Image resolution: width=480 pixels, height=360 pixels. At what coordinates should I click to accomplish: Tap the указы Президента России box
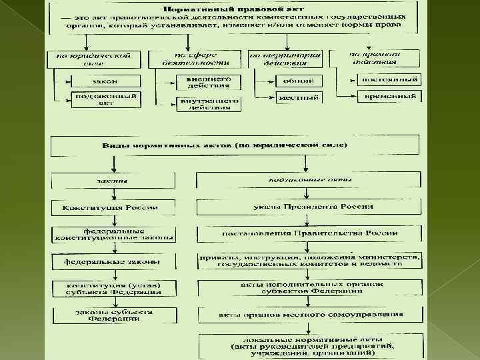click(x=308, y=207)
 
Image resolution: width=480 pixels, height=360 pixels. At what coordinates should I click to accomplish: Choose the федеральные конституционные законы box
click(x=114, y=234)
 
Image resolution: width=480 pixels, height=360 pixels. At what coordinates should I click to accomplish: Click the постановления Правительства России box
click(x=308, y=234)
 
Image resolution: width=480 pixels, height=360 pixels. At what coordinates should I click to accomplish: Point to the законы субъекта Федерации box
click(x=114, y=315)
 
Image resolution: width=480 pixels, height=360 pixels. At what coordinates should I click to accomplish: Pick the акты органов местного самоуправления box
click(x=308, y=314)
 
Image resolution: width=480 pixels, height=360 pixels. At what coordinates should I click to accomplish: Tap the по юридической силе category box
click(x=93, y=59)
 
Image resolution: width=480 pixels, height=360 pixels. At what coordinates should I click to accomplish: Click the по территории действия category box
click(x=285, y=59)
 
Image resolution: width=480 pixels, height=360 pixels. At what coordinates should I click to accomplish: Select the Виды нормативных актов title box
click(x=235, y=145)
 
